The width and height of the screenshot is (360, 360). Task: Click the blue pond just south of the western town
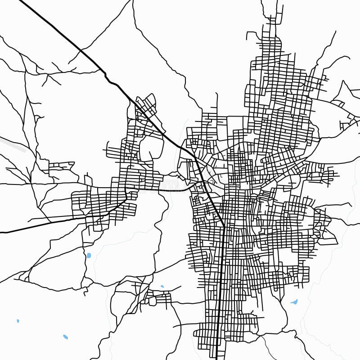pyautogui.click(x=89, y=256)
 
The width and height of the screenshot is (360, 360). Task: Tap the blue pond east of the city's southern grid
pyautogui.click(x=294, y=301)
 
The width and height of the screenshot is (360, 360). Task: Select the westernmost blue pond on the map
pyautogui.click(x=18, y=321)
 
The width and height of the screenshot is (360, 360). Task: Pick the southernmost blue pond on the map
pyautogui.click(x=66, y=337)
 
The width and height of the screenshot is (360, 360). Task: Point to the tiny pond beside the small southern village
pyautogui.click(x=162, y=286)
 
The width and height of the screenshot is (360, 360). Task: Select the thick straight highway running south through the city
pyautogui.click(x=222, y=288)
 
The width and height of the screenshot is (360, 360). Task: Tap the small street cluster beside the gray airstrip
pyautogui.click(x=61, y=167)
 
